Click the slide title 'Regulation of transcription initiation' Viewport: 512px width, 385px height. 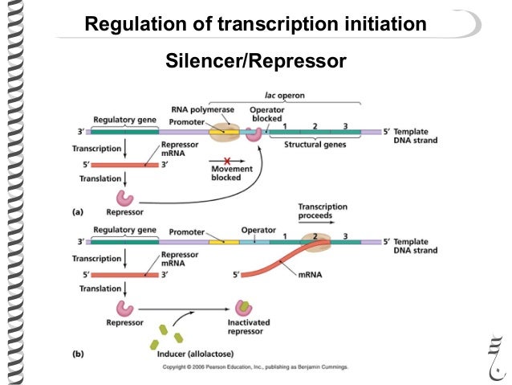(x=255, y=25)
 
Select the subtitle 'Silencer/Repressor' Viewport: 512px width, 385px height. (x=255, y=60)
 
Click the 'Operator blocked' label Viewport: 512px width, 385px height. (x=266, y=113)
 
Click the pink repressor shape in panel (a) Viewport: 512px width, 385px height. (x=125, y=197)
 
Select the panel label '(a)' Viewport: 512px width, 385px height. (x=78, y=212)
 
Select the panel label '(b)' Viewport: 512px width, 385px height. (x=78, y=354)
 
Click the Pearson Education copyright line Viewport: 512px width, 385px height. (x=255, y=367)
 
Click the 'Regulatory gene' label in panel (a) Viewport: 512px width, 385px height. (x=124, y=117)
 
